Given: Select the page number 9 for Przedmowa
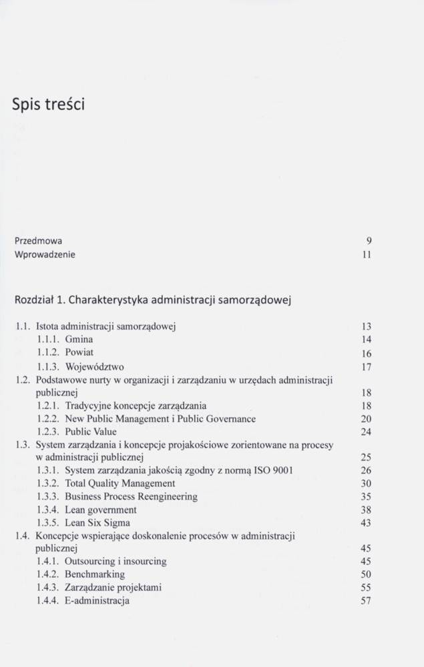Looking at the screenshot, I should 369,241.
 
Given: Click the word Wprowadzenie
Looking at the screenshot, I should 45,254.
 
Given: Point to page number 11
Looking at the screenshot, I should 366,255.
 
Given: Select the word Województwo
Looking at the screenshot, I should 94,366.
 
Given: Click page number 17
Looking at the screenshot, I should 366,367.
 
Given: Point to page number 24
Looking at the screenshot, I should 366,432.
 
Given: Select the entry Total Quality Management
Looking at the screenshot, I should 120,484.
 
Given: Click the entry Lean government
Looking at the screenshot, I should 100,510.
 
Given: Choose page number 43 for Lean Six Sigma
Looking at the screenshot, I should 366,523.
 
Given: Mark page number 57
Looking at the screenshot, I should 366,601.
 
